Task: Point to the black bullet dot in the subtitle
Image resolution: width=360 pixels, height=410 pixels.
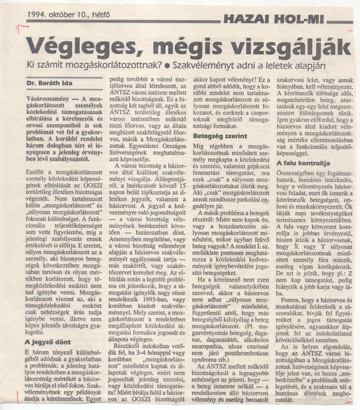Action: [x=166, y=65]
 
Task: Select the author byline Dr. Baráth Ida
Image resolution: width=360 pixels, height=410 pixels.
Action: [x=49, y=83]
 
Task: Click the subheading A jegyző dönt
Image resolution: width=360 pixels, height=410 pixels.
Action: [x=47, y=342]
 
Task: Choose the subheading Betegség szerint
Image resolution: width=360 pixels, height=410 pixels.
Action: [x=220, y=136]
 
